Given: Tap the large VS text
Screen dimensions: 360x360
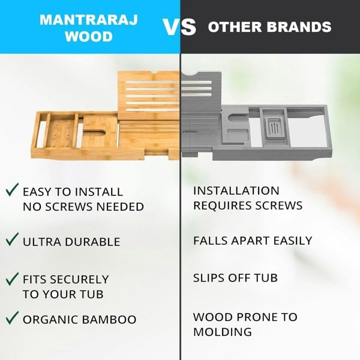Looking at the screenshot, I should click(180, 27).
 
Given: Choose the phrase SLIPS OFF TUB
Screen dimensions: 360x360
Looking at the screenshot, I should click(236, 278).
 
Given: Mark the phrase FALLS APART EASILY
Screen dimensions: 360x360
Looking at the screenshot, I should click(253, 241).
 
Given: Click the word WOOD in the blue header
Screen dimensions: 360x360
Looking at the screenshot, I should click(89, 37).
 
